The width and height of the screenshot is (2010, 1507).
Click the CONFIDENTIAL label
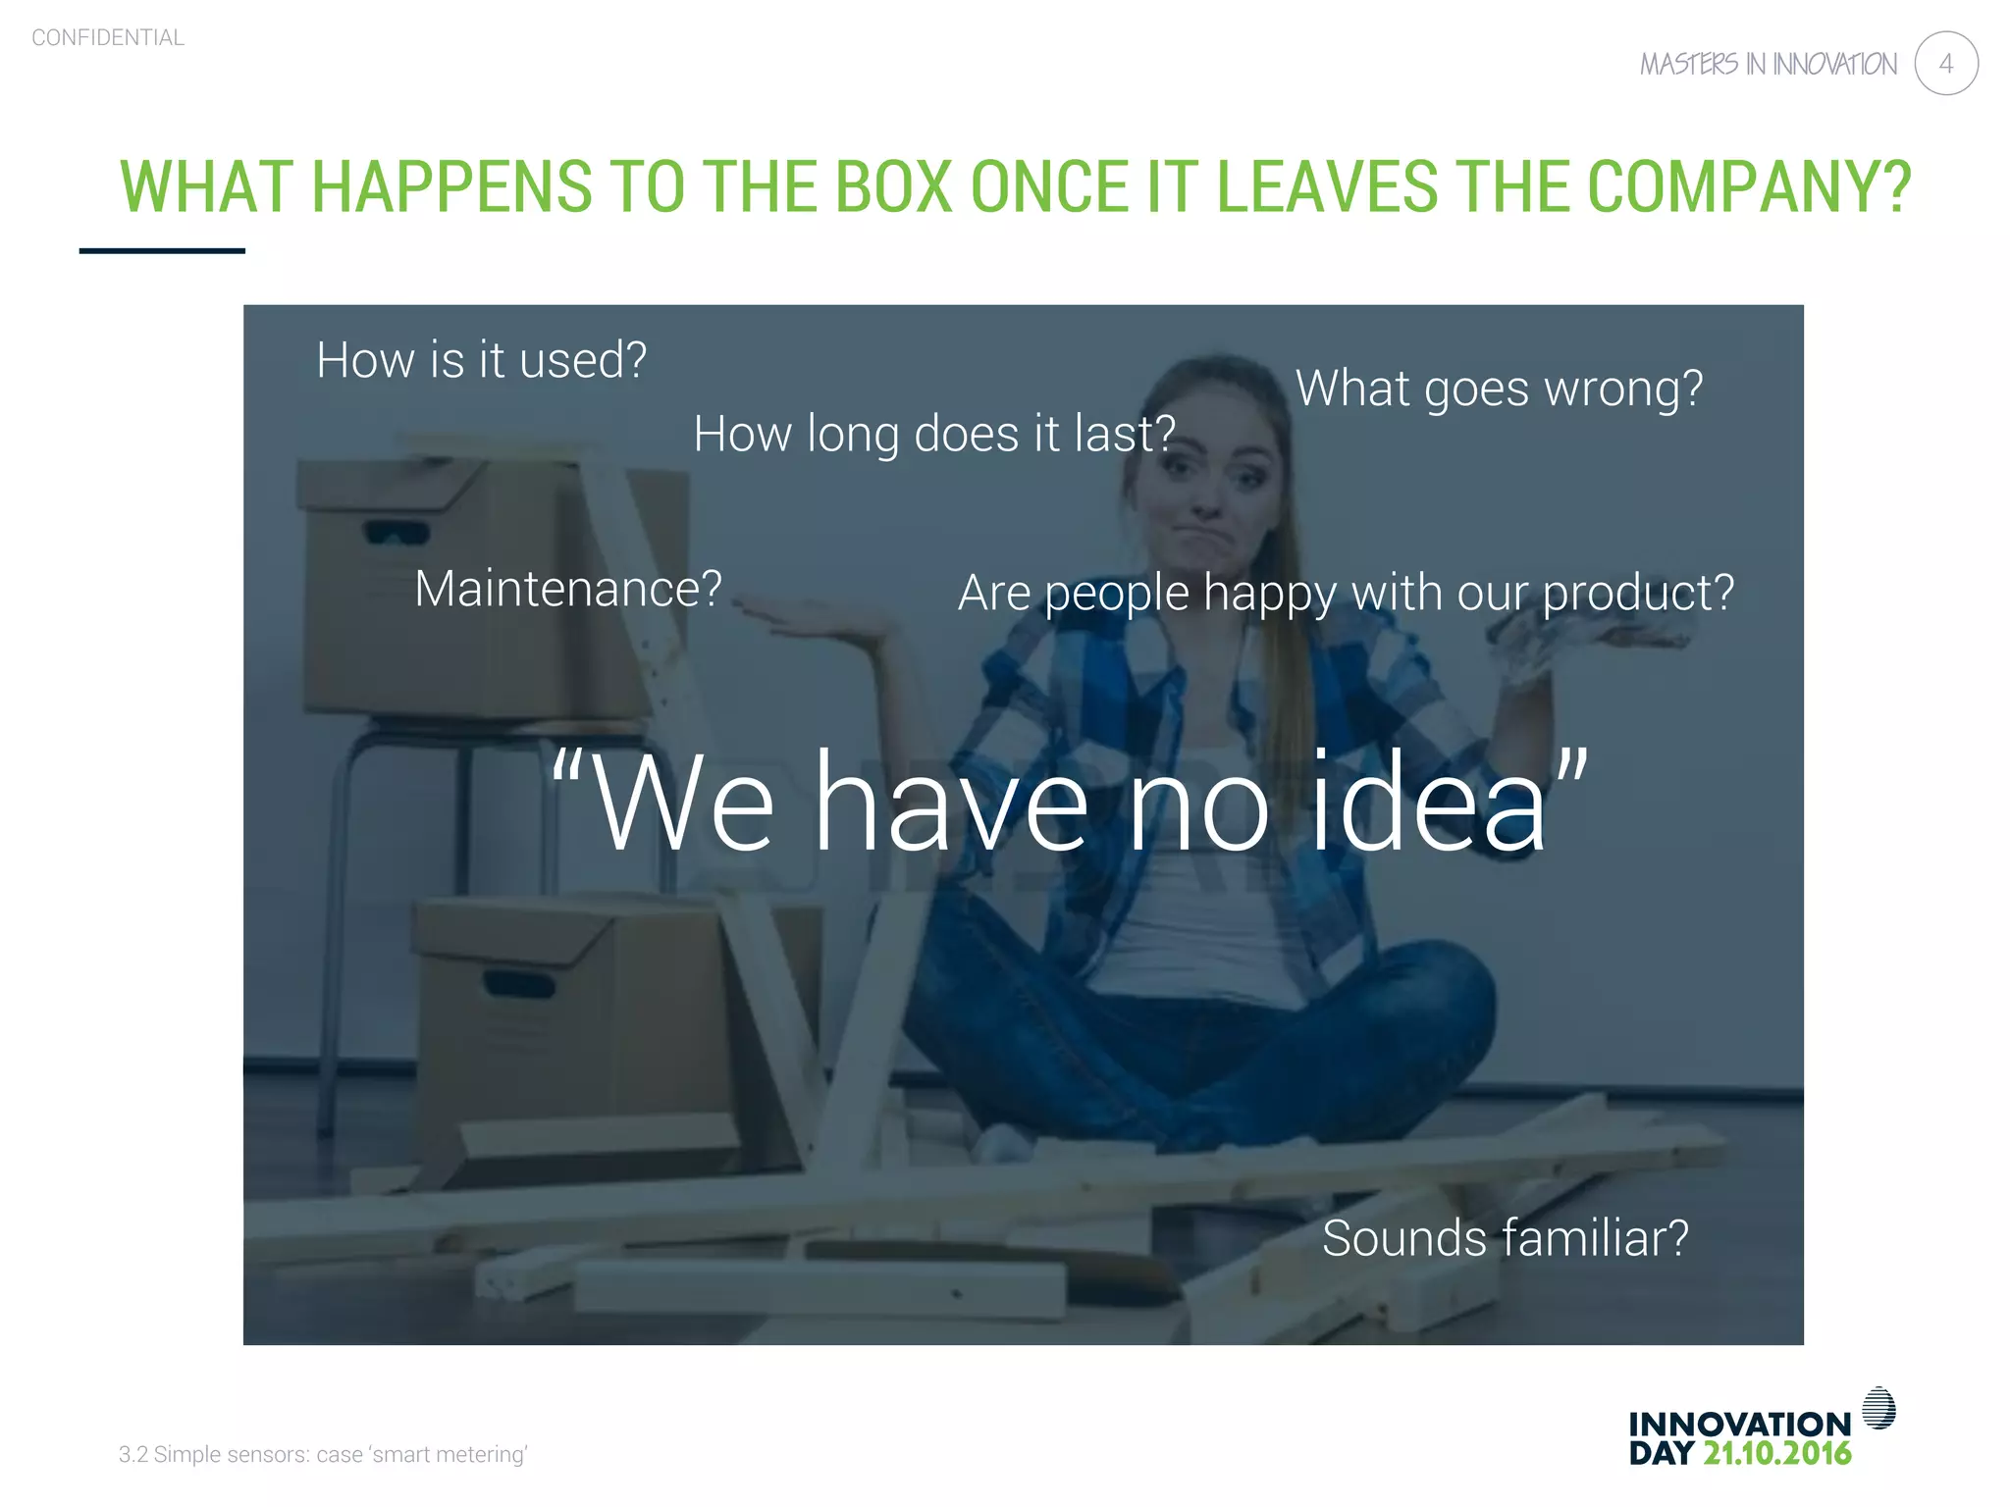[108, 38]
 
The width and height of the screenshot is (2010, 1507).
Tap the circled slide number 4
[1945, 64]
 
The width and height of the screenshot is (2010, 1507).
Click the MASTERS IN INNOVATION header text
[1768, 65]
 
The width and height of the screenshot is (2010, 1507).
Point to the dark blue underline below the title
[162, 251]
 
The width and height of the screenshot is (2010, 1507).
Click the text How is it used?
[481, 360]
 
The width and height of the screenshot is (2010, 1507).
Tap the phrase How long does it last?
[933, 434]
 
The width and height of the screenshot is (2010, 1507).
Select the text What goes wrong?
[1499, 389]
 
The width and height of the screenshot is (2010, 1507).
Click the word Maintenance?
[568, 589]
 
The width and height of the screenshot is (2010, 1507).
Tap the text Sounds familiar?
[1505, 1238]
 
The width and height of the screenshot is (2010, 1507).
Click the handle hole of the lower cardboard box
[518, 981]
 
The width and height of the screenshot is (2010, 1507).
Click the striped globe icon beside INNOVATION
[1878, 1408]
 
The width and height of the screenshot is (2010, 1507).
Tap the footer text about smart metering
[323, 1454]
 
